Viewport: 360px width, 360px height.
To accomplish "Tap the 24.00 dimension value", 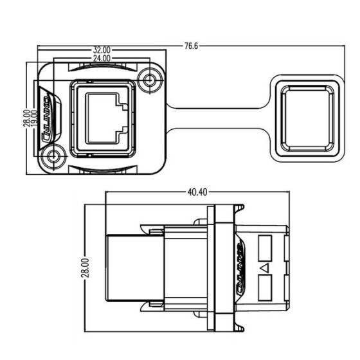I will [x=102, y=58].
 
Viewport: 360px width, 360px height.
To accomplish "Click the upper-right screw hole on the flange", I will [x=152, y=80].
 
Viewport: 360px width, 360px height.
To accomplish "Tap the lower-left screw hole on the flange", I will [x=51, y=156].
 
